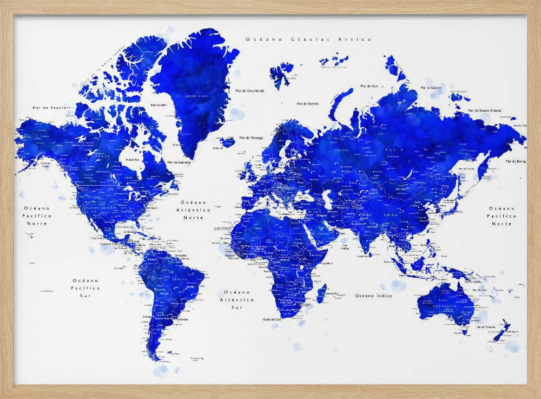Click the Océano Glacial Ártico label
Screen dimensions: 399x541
(x=308, y=40)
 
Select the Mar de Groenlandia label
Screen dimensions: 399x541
(x=250, y=91)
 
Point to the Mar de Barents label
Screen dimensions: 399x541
(x=307, y=103)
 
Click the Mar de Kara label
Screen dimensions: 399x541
(x=369, y=86)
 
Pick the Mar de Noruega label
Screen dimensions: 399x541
(x=250, y=138)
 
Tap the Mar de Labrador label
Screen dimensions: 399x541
(x=179, y=162)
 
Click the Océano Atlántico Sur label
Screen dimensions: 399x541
(x=236, y=299)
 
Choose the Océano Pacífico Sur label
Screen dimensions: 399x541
(x=85, y=288)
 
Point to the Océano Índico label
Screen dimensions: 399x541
(x=373, y=296)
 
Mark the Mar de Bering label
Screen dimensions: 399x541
(x=516, y=161)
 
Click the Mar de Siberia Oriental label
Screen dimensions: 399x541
(x=486, y=110)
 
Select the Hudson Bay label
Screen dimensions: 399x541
(x=133, y=160)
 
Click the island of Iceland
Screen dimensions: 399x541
(x=228, y=142)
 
